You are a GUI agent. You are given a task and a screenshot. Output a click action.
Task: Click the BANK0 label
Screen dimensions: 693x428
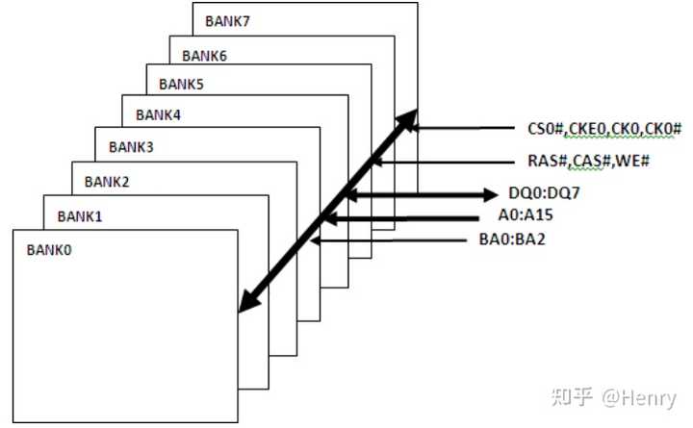tap(49, 250)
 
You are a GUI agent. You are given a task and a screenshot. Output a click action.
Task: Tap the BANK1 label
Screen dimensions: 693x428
tap(80, 216)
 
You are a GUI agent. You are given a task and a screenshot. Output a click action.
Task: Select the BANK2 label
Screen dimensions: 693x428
tap(107, 182)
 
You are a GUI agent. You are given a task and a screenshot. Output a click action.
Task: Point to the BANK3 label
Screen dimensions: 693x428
tap(131, 146)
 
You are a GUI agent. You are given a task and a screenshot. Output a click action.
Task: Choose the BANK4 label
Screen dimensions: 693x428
tap(158, 114)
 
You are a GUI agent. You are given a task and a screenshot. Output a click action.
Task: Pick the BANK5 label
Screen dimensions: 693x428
tap(181, 84)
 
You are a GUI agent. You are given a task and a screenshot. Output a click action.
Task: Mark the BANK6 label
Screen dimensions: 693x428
tap(204, 56)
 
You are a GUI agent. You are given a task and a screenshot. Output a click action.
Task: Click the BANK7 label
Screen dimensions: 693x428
tap(227, 21)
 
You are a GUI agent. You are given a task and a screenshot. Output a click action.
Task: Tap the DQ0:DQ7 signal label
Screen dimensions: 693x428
tap(544, 193)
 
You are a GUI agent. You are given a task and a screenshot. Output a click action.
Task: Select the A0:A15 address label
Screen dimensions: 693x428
tap(526, 214)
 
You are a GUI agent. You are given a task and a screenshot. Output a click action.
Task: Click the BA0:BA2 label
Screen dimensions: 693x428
tap(512, 239)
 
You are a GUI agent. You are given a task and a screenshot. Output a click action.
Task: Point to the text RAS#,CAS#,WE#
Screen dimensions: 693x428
tap(589, 161)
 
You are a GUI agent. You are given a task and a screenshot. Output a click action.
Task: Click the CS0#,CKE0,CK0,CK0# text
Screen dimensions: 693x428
tap(604, 129)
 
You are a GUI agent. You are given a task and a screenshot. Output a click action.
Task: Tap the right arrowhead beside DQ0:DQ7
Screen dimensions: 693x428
tap(491, 194)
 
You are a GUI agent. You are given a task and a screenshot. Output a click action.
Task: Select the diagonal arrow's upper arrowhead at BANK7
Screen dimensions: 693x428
tap(406, 120)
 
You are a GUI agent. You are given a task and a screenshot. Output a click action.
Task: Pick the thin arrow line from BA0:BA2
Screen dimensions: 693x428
tap(389, 240)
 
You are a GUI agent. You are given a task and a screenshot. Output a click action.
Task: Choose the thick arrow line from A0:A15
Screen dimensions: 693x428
tap(401, 218)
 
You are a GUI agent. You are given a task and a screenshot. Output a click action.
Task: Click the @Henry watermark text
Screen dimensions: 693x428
tap(639, 398)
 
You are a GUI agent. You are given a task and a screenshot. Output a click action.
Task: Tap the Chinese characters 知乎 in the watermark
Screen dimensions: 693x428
tap(572, 397)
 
